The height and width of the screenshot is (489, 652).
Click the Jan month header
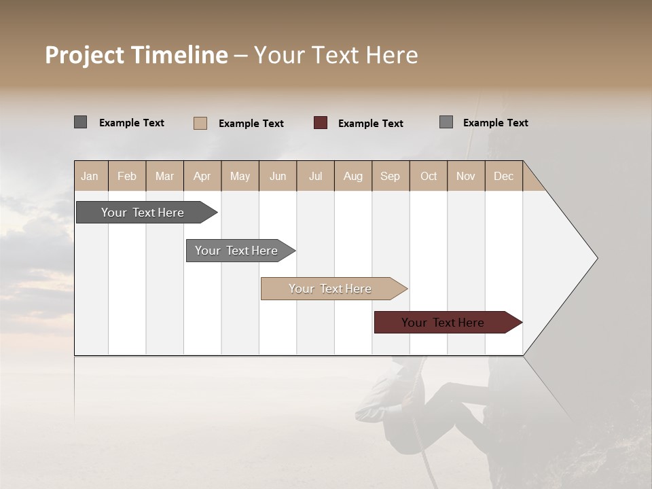pos(90,176)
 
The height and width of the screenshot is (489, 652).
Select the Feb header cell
pos(127,176)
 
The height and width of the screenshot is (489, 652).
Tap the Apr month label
pos(202,176)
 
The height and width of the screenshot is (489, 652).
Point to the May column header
pos(240,176)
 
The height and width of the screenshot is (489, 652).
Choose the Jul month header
pos(315,176)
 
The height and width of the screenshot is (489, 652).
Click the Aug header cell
pos(352,176)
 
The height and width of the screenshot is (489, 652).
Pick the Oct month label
pos(429,176)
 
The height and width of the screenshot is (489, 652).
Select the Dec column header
pos(503,176)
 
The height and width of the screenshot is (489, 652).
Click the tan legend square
pos(200,123)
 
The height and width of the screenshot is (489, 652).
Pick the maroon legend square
pos(321,123)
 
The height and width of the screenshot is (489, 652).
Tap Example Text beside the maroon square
pos(370,124)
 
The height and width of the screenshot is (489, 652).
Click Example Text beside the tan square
pos(251,124)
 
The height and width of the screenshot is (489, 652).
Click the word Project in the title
pos(85,55)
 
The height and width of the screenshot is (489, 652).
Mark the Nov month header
pos(465,176)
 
